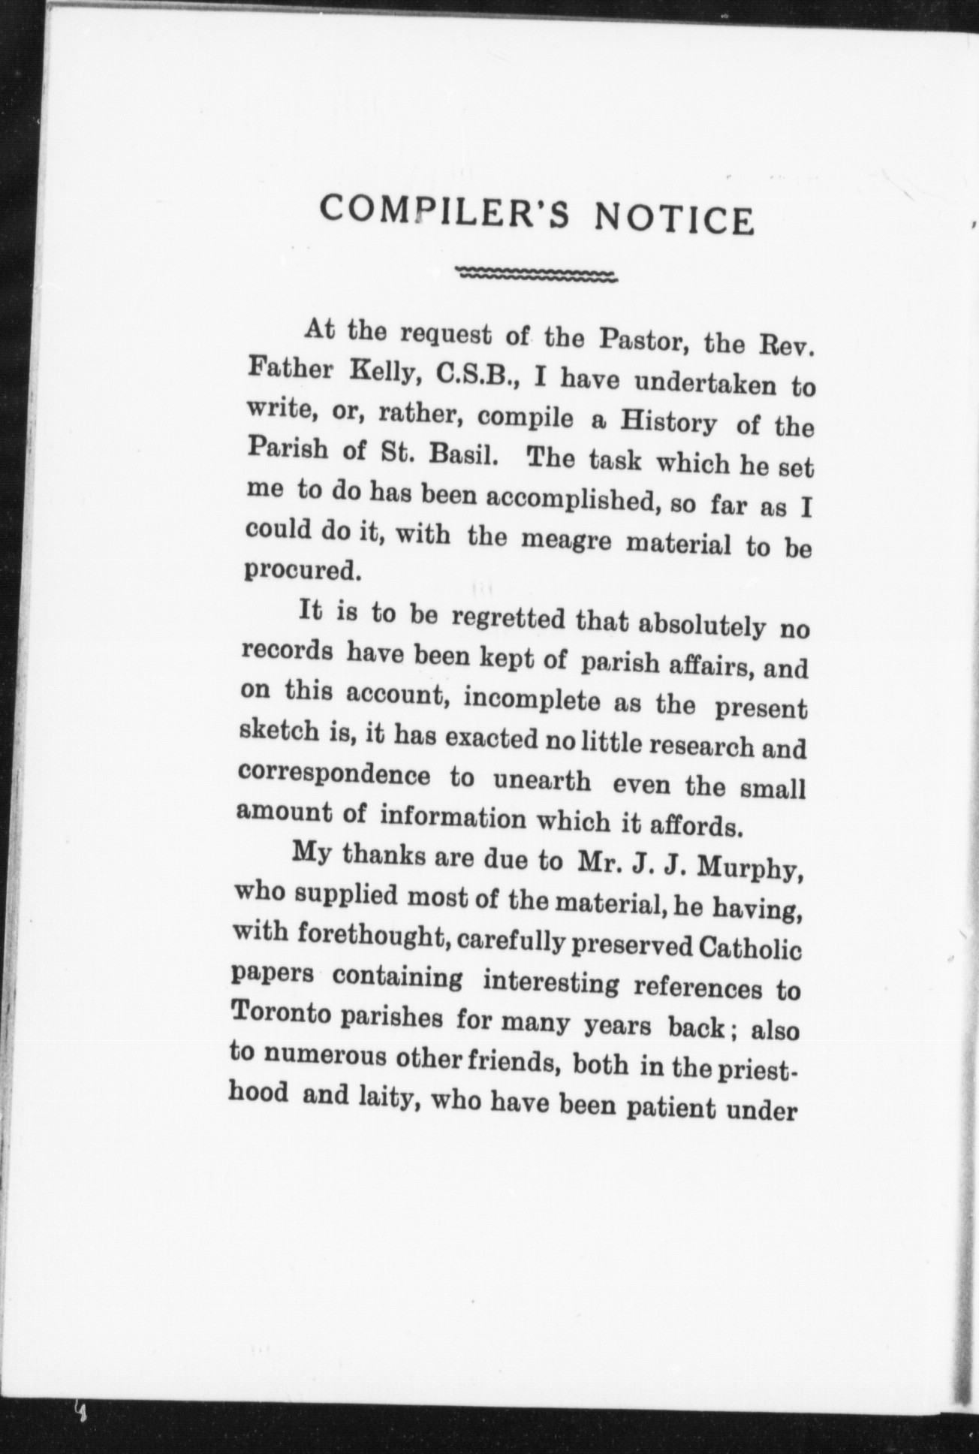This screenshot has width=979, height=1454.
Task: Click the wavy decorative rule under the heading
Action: coord(537,275)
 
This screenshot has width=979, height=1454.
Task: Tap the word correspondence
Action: coord(333,774)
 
